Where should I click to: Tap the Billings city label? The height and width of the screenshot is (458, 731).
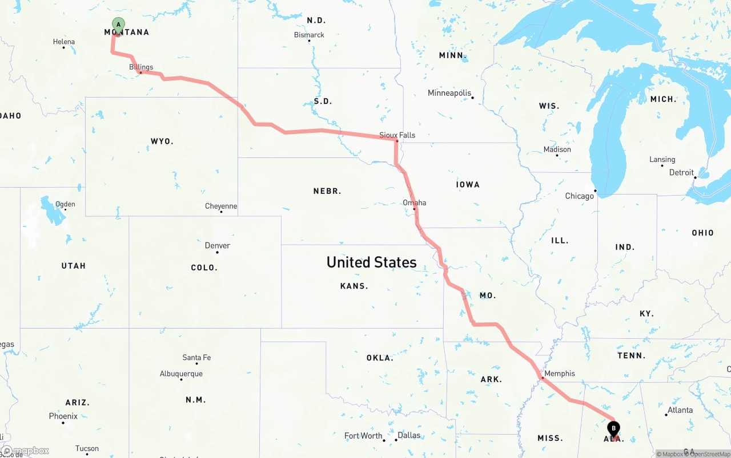(x=141, y=67)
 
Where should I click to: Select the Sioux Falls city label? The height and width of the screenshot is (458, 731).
(x=397, y=135)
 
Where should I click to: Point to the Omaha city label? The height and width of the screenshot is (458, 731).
(x=415, y=202)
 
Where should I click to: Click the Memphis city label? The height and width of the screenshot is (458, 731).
(x=560, y=374)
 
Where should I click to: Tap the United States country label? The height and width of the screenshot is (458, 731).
(x=371, y=262)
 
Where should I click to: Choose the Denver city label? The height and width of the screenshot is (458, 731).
(x=218, y=246)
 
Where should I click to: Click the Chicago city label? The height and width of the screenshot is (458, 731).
(x=580, y=196)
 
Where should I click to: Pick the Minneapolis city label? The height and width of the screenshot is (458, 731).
(x=449, y=93)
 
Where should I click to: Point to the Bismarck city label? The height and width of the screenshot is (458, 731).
(x=309, y=35)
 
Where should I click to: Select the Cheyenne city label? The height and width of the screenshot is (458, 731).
(x=221, y=206)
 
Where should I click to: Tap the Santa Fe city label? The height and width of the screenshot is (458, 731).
(x=196, y=358)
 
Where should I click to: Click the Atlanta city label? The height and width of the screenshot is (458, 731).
(x=680, y=410)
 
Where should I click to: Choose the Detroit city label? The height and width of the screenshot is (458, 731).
(x=681, y=172)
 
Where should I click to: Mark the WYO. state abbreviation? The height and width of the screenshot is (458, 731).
(x=162, y=141)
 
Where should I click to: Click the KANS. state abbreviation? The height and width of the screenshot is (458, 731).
(x=354, y=286)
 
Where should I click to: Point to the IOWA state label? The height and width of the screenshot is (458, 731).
(x=468, y=185)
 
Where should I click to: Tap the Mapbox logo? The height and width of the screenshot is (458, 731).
(x=26, y=451)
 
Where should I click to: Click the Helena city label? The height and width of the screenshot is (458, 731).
(x=64, y=42)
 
